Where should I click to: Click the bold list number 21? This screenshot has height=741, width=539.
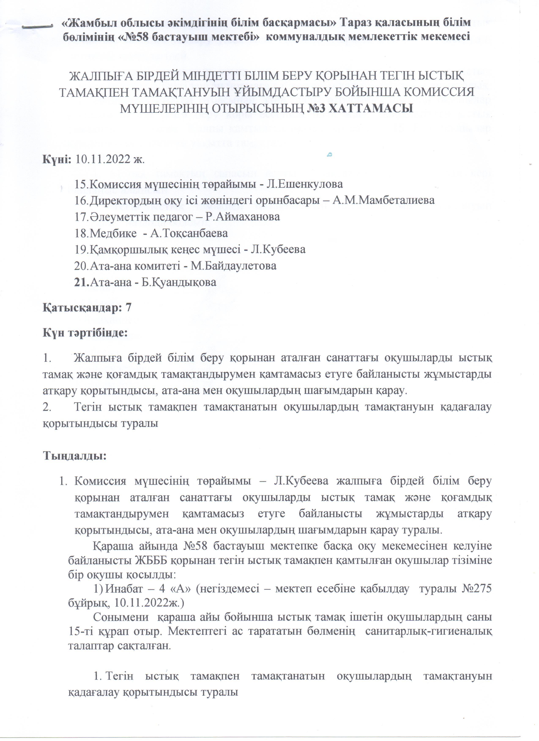coord(82,282)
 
